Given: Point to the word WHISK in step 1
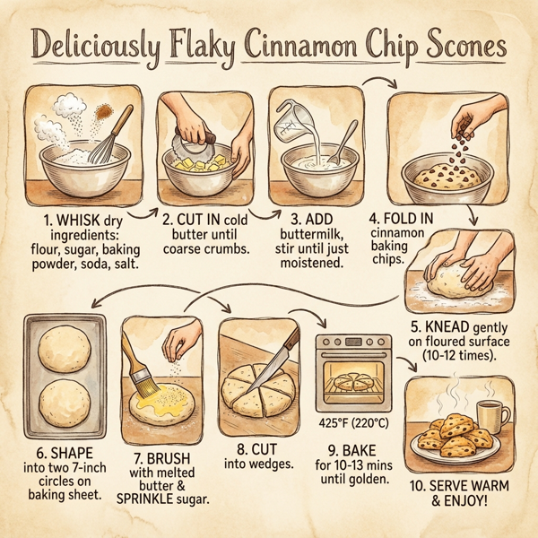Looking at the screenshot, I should [72, 218].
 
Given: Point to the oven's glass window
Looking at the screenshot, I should [354, 381].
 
